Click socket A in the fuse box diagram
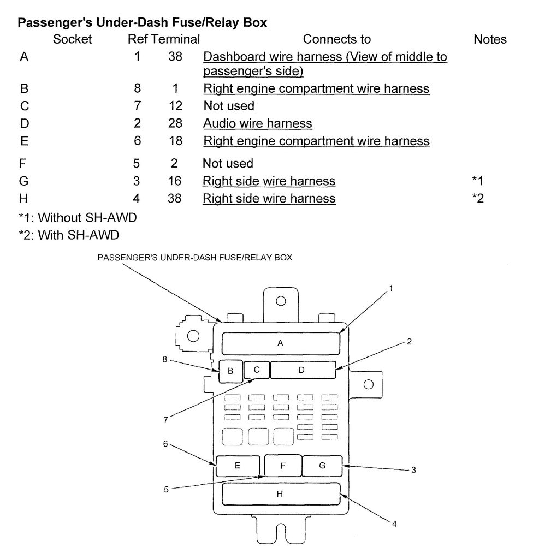click(281, 343)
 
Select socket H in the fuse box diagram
click(281, 494)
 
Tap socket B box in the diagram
click(230, 371)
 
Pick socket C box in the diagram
click(257, 370)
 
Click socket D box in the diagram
click(303, 370)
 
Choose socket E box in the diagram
click(238, 466)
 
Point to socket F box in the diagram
click(283, 466)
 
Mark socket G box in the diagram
click(322, 466)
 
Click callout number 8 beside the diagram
click(164, 359)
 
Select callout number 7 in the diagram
click(165, 419)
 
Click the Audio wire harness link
click(257, 123)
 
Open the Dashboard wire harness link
click(325, 57)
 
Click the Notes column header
click(490, 39)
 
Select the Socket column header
click(73, 39)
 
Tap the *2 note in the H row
click(478, 199)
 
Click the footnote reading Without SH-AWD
click(77, 218)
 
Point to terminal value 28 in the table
click(175, 123)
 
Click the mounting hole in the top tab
click(281, 301)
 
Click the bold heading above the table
click(143, 23)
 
